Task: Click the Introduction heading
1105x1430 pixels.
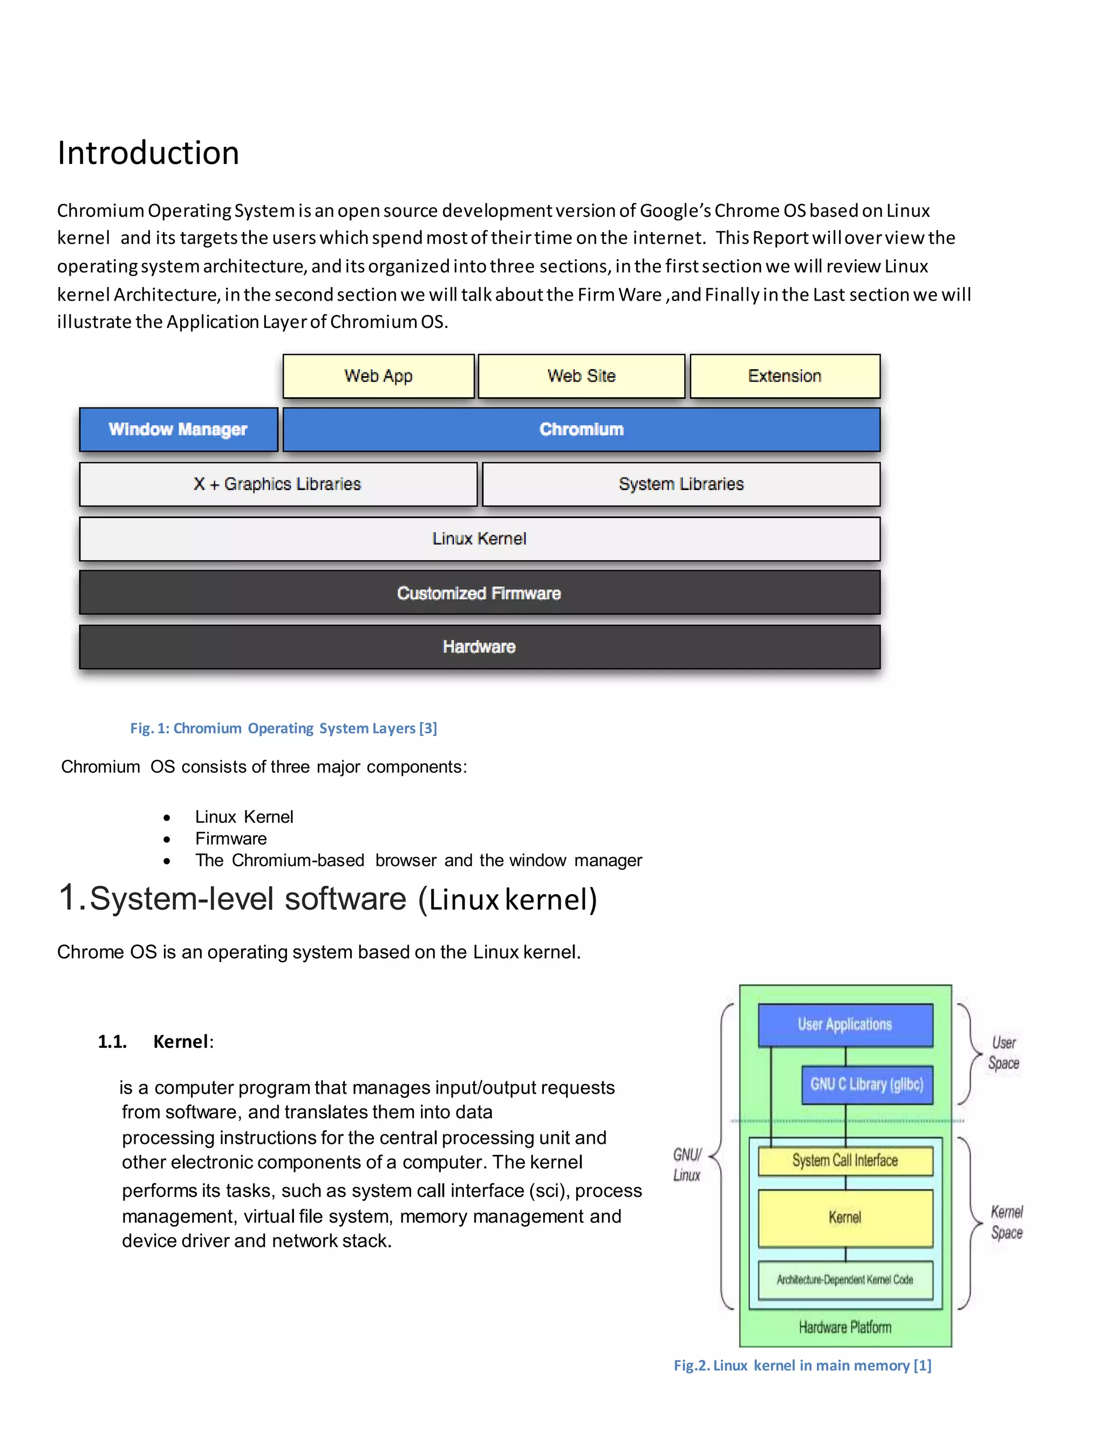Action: (x=148, y=153)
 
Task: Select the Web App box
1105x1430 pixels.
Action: (x=378, y=376)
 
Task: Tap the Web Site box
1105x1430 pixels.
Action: (x=581, y=376)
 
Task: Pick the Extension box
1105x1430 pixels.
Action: (x=784, y=376)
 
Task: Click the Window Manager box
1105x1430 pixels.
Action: (x=178, y=430)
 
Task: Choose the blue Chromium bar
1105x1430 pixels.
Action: (x=581, y=430)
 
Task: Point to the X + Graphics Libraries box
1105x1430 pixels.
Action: (x=277, y=484)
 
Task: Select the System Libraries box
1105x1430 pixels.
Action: (x=681, y=484)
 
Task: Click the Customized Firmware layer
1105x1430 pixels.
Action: (x=479, y=593)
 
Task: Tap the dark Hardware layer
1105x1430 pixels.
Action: (x=479, y=647)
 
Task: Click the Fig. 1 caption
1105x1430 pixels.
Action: (x=283, y=728)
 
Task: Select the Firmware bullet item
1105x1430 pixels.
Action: (x=230, y=839)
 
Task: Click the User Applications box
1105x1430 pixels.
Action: (x=844, y=1025)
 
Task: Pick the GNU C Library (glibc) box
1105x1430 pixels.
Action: (x=867, y=1084)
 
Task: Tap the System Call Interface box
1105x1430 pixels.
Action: (x=844, y=1161)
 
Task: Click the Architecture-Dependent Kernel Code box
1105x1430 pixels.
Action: (x=844, y=1279)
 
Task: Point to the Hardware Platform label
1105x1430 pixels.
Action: (x=844, y=1327)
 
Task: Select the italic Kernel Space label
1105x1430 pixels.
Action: (x=1006, y=1222)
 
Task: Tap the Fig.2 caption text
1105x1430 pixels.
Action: (x=802, y=1365)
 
